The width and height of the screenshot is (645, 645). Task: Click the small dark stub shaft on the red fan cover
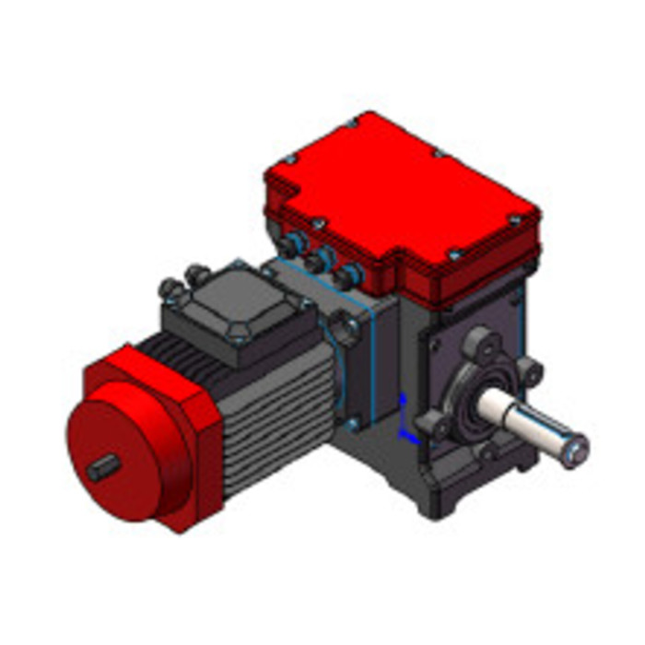[102, 467]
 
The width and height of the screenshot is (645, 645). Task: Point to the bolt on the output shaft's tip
[578, 451]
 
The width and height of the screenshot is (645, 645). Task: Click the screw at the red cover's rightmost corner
[515, 219]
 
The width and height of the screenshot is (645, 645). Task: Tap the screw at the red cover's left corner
[289, 159]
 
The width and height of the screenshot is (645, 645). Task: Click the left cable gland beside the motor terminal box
[170, 287]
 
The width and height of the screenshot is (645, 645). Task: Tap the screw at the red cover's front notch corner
[453, 253]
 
